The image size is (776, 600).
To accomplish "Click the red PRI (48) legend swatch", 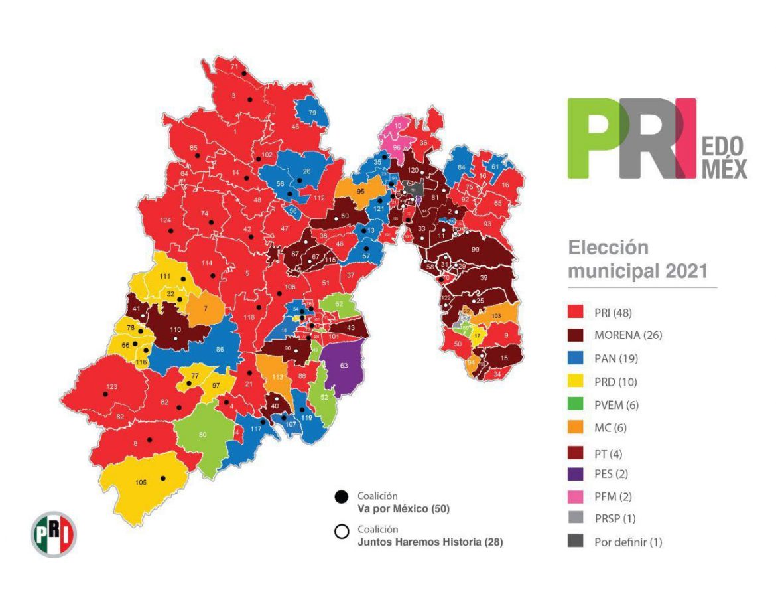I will [x=575, y=313].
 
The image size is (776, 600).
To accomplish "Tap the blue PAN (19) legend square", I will [x=575, y=358].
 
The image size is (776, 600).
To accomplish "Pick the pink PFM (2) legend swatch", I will [x=575, y=495].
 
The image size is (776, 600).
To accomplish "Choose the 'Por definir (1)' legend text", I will [x=628, y=542].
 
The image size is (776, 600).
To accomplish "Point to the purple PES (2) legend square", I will [x=575, y=473].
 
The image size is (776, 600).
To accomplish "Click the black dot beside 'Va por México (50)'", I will [x=342, y=496].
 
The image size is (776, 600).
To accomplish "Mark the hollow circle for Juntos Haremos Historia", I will [x=342, y=532].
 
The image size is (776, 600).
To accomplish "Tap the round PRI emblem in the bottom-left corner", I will [x=54, y=534].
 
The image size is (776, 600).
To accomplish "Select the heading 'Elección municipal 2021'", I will [x=637, y=260].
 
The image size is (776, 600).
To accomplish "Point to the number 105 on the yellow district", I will [x=141, y=482].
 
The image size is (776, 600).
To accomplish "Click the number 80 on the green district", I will [x=203, y=435].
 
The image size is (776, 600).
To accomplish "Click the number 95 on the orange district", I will [x=361, y=191].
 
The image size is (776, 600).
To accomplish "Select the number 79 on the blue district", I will [x=312, y=113].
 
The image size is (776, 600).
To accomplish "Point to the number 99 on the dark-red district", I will [x=475, y=248].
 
